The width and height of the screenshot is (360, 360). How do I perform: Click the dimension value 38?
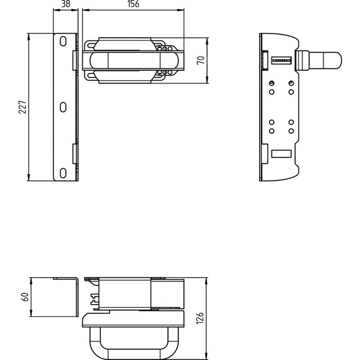[x=66, y=4]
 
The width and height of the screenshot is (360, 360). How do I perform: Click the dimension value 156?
[x=133, y=4]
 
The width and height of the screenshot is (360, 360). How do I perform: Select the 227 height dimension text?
[x=23, y=107]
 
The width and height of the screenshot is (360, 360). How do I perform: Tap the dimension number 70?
[x=200, y=61]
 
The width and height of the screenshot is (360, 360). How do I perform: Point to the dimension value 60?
[x=25, y=297]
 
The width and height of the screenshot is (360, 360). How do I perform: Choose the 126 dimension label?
[x=200, y=318]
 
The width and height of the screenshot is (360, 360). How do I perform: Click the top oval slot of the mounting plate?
[x=63, y=41]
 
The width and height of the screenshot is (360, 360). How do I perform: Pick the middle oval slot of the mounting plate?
[x=63, y=107]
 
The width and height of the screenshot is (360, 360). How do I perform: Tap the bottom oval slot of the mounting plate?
[x=63, y=173]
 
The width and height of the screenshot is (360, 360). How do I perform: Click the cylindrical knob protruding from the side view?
[x=319, y=61]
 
